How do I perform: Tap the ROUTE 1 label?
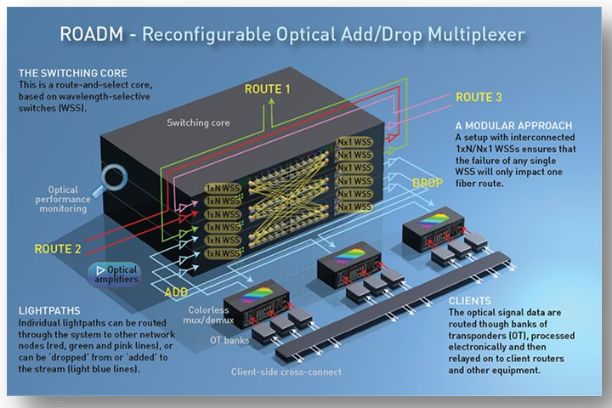[267, 88]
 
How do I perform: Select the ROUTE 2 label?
[58, 249]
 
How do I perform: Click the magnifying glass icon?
[115, 180]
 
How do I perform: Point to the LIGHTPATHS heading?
[49, 312]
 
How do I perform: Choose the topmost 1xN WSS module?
[223, 187]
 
